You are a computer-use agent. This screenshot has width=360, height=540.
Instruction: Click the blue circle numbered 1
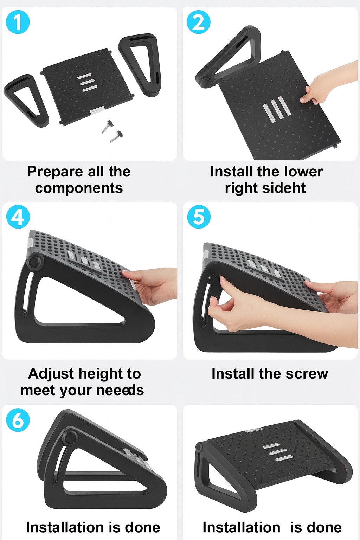tap(18, 22)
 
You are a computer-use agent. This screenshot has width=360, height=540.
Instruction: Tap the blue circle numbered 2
tap(199, 22)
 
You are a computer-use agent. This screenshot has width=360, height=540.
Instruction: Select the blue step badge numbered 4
tap(18, 217)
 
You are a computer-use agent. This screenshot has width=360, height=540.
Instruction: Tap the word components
tap(79, 188)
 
